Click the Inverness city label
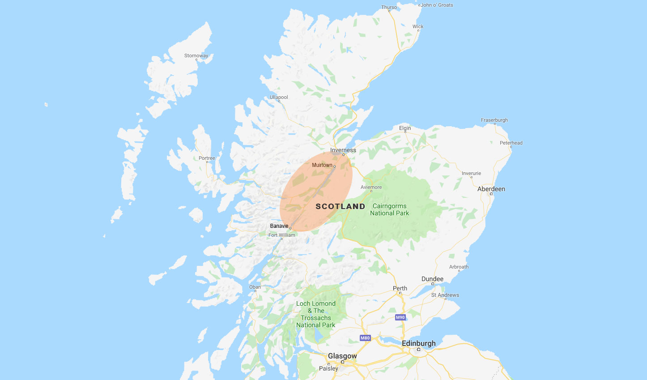343,150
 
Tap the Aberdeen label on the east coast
491,189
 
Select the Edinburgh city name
418,343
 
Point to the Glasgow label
342,356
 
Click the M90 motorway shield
400,317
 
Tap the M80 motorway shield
365,338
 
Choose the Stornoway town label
196,56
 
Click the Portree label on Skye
207,158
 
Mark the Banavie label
279,226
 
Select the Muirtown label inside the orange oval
322,165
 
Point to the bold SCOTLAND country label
341,206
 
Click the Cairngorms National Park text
389,209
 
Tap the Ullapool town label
279,97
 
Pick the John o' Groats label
437,5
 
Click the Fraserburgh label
494,120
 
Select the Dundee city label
432,279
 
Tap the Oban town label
255,287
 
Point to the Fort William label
282,235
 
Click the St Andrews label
445,295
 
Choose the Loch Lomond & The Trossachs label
316,314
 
